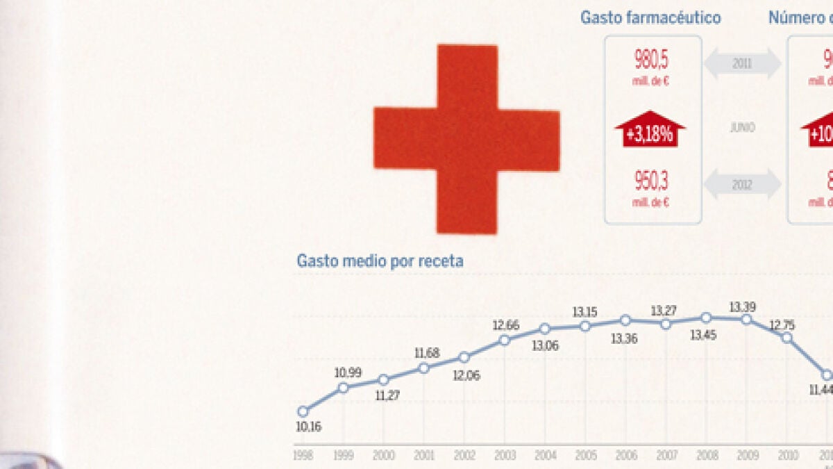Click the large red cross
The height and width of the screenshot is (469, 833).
[466, 139]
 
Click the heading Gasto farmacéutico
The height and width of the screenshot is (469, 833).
[650, 18]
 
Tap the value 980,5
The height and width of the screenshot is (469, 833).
[652, 60]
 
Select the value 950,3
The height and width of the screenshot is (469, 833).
[652, 181]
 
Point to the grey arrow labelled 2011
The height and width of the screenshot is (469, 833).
[742, 64]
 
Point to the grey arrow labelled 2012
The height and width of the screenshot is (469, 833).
[742, 185]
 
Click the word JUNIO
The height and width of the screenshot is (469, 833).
[742, 129]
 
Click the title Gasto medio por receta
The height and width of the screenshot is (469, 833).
[380, 261]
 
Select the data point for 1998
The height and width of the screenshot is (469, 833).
[303, 411]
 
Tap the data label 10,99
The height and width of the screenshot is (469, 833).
[348, 372]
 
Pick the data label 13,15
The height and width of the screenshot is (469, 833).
[585, 311]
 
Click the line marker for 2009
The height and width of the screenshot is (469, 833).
[746, 320]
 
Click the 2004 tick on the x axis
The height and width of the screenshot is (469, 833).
[545, 455]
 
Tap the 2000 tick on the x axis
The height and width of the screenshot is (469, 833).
[383, 455]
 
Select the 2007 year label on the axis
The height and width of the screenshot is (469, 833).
[666, 455]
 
